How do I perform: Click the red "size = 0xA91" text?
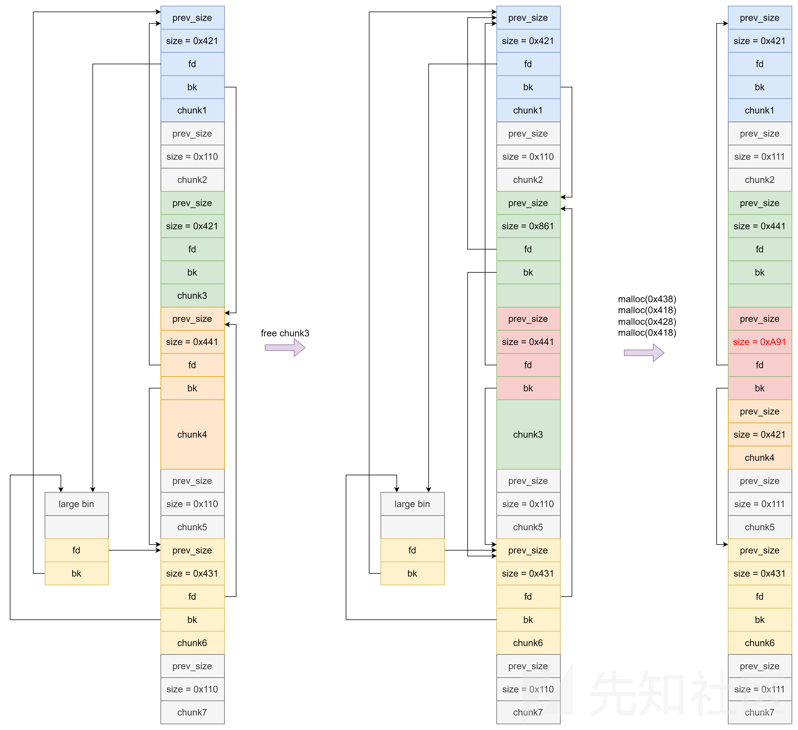tap(759, 342)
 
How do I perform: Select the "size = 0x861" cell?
tap(528, 226)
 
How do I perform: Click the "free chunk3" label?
tap(285, 333)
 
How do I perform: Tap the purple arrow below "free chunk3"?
tap(285, 347)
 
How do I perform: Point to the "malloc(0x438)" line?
tap(647, 299)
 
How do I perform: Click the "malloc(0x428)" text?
tap(647, 322)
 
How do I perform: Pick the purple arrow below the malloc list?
tap(644, 353)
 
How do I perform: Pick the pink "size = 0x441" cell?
tap(528, 342)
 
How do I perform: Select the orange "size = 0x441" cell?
tap(192, 342)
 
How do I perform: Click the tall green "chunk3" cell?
tap(528, 434)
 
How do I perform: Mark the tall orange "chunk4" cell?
tap(192, 434)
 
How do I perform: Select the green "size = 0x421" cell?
tap(192, 226)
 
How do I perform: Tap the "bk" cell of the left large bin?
tap(76, 573)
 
